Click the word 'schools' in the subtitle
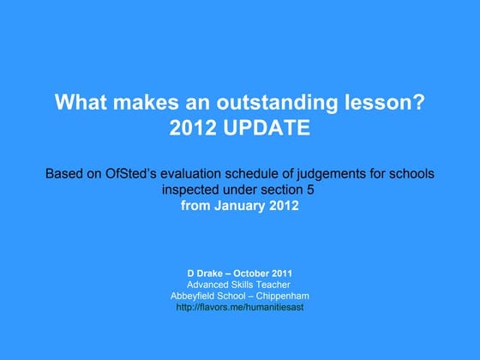pyautogui.click(x=411, y=174)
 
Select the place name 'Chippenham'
pyautogui.click(x=282, y=296)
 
